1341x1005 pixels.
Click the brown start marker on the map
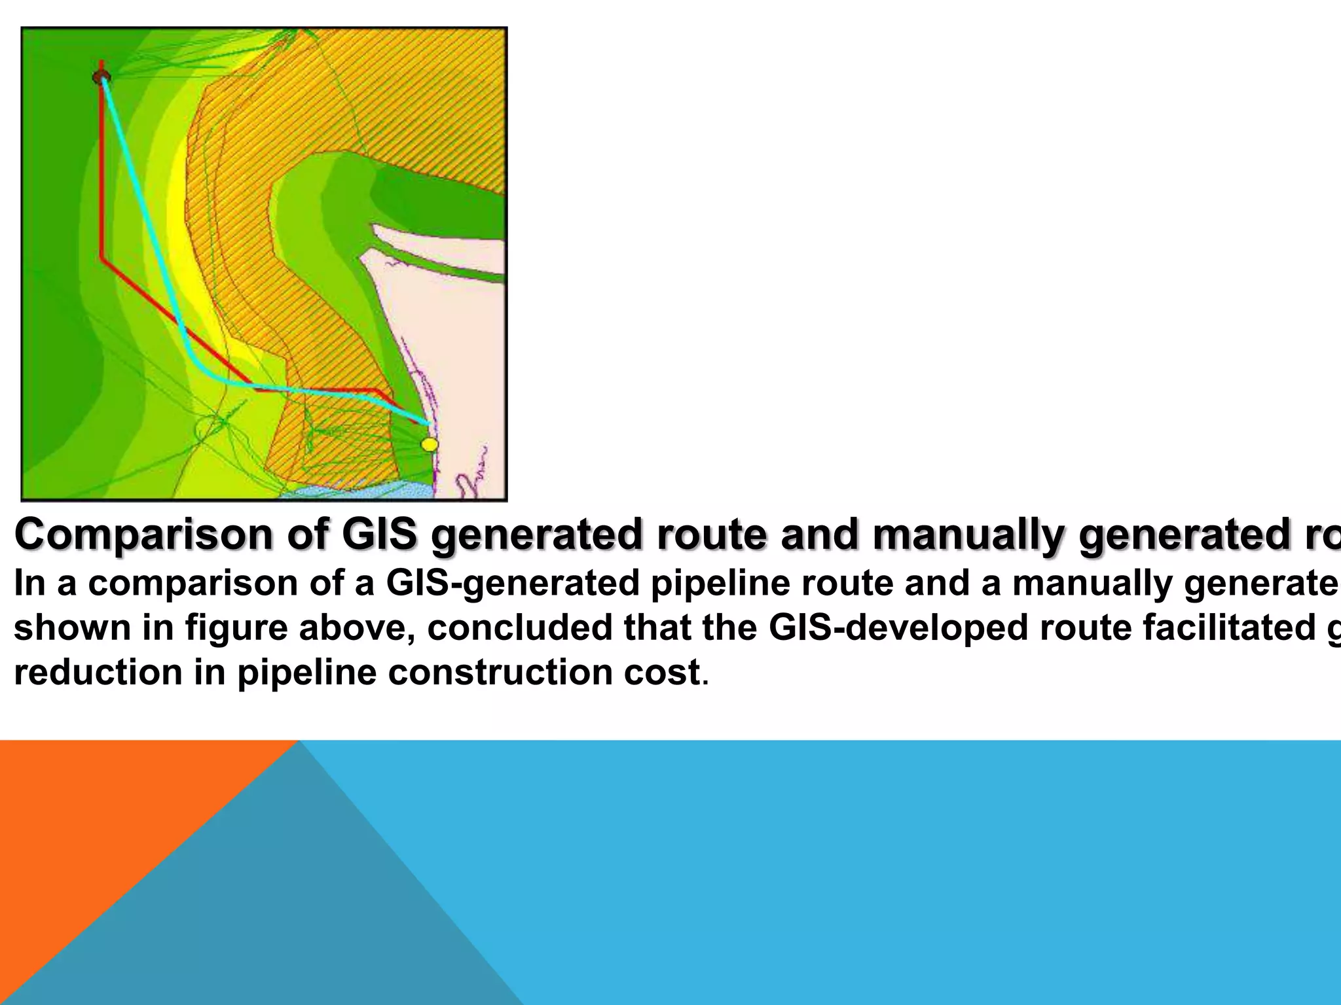[100, 78]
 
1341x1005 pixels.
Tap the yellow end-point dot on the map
[429, 445]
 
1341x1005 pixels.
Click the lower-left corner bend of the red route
[102, 258]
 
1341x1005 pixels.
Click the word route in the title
[703, 535]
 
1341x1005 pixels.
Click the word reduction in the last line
[98, 672]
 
